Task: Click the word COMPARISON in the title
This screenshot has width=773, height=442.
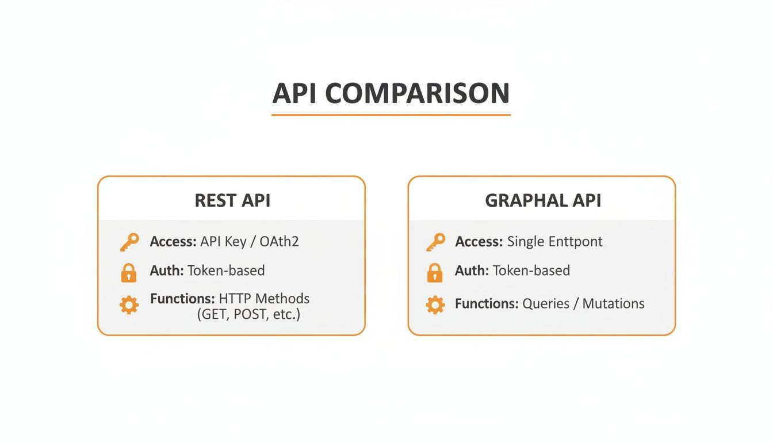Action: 417,93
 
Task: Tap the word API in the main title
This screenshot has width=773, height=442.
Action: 295,93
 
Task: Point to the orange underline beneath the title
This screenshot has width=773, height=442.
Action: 391,115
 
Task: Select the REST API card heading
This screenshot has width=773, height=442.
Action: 232,200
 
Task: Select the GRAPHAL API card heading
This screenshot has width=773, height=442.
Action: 542,200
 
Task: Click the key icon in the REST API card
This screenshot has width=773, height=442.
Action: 129,242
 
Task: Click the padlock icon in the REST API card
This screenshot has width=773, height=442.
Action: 129,273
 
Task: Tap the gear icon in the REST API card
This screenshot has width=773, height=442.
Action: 129,304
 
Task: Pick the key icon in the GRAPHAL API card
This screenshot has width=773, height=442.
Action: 435,242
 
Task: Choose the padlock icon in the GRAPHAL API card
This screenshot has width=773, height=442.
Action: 435,273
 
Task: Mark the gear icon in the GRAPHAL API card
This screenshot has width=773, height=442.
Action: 435,304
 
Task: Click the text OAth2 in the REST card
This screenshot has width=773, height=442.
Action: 279,241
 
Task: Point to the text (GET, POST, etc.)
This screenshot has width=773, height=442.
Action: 248,314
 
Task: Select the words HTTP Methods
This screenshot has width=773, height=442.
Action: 264,299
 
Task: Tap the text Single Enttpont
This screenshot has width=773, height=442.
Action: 554,241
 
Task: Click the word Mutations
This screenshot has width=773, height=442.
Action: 613,303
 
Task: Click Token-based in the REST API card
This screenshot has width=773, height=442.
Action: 226,270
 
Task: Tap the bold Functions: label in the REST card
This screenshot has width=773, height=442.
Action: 182,299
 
